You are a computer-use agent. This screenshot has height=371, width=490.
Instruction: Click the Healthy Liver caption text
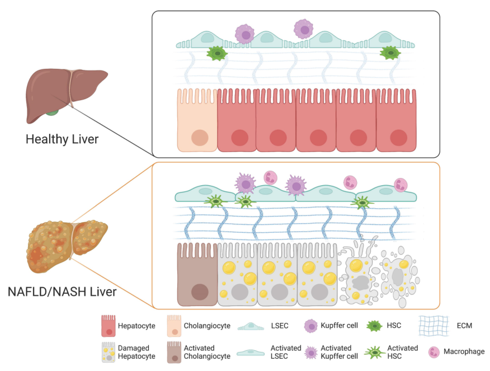[x=62, y=139]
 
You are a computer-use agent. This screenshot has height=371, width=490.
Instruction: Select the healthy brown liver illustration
[x=66, y=93]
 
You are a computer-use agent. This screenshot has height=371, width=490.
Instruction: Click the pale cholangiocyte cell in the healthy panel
[x=197, y=120]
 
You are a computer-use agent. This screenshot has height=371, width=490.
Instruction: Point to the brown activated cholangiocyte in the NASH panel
[x=197, y=274]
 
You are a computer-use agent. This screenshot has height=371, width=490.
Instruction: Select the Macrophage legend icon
[x=434, y=352]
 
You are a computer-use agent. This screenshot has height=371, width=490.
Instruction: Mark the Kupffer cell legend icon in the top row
[x=311, y=326]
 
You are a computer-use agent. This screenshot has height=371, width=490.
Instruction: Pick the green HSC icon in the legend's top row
[x=373, y=326]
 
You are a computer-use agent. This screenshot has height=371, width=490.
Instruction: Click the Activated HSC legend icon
[x=373, y=352]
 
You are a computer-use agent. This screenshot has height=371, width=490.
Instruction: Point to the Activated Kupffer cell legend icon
[x=311, y=352]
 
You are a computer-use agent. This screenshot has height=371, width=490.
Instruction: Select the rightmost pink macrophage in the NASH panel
[x=401, y=184]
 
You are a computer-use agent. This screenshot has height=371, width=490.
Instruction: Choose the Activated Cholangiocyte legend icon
[x=174, y=352]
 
